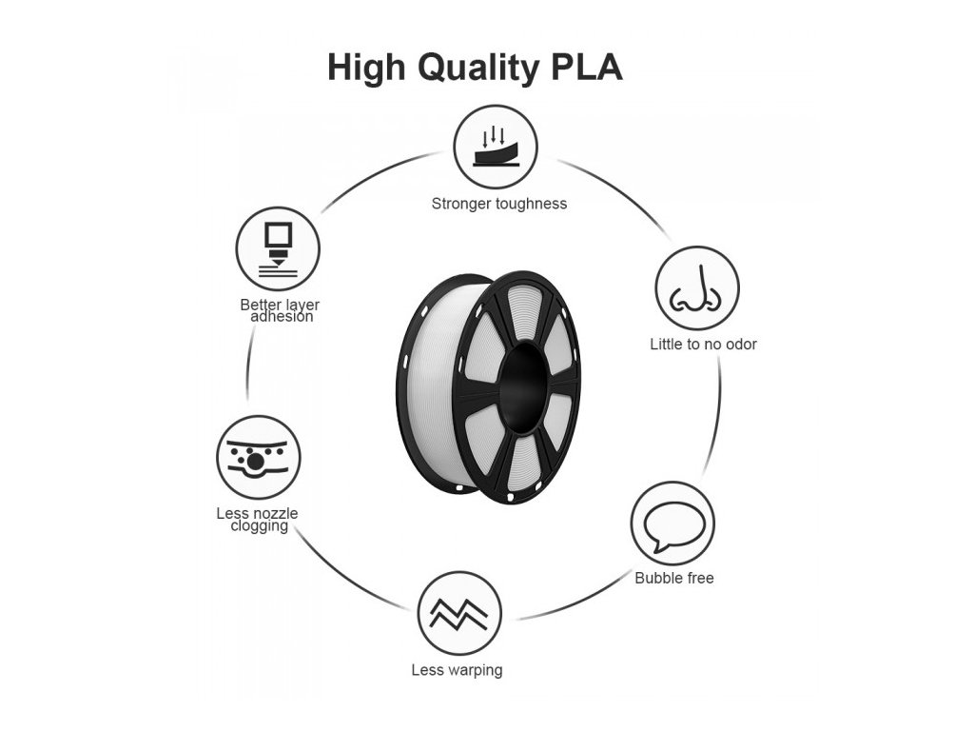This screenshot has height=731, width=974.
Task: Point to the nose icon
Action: [697, 288]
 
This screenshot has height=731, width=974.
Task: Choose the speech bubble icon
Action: [672, 524]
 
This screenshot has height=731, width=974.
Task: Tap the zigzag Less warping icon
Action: [459, 614]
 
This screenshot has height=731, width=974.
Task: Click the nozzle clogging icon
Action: [259, 458]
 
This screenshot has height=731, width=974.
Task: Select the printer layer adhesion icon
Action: [278, 250]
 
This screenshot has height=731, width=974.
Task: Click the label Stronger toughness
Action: [498, 204]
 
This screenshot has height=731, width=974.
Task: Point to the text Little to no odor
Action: [703, 345]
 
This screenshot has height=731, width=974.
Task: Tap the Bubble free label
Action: [674, 578]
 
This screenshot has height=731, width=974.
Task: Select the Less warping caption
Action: [457, 670]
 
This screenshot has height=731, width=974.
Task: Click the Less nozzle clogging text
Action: [258, 520]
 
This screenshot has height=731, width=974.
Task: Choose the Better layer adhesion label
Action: [280, 310]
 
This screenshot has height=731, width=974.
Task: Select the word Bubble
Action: [656, 578]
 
